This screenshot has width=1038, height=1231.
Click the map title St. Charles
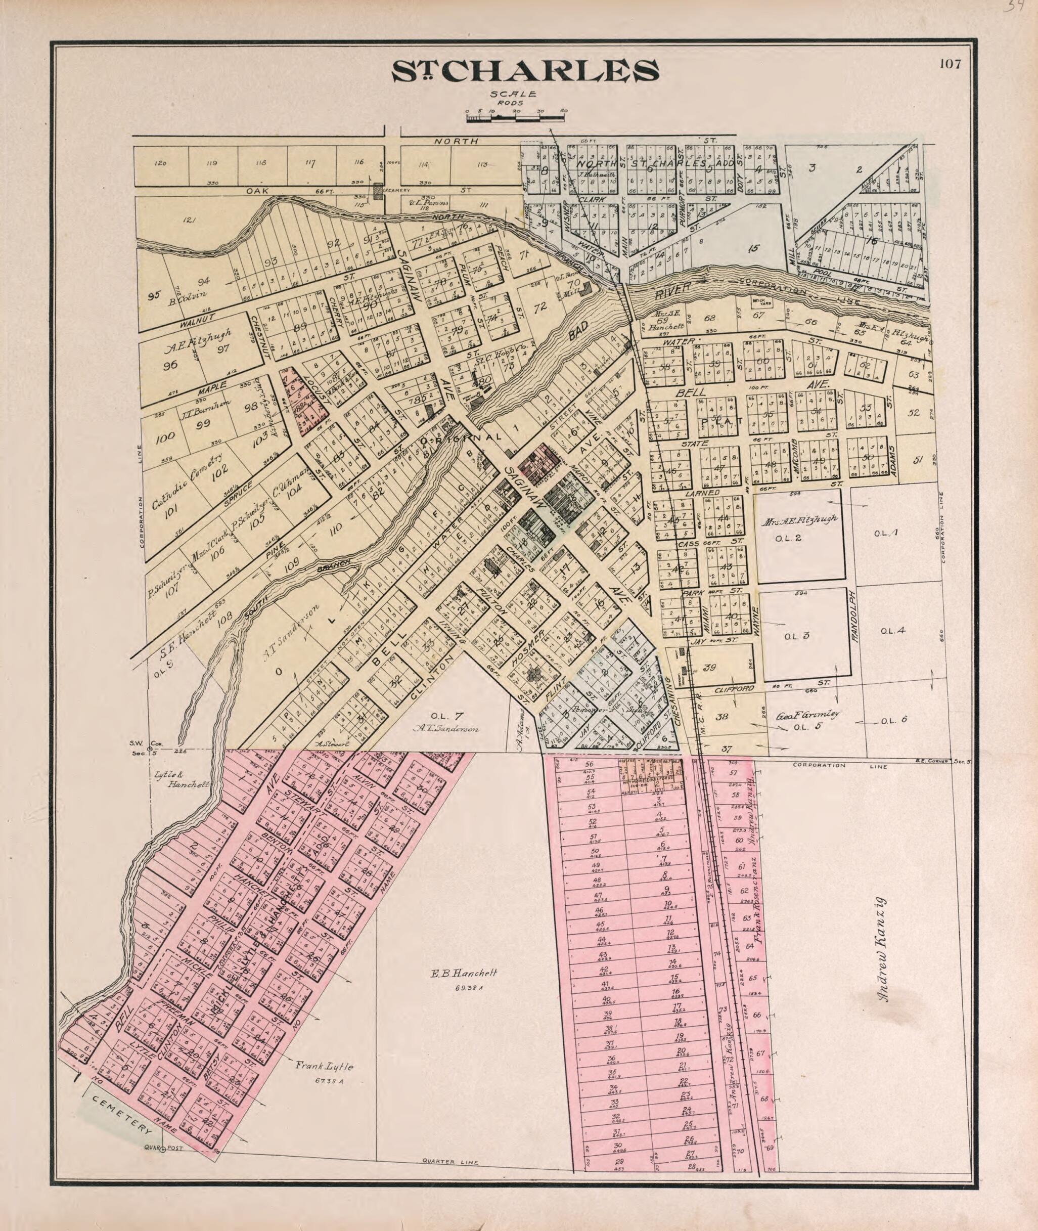pos(525,71)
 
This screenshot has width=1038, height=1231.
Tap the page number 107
pos(950,64)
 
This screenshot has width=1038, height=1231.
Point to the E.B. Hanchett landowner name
pos(465,974)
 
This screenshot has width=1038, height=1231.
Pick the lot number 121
pos(189,220)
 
